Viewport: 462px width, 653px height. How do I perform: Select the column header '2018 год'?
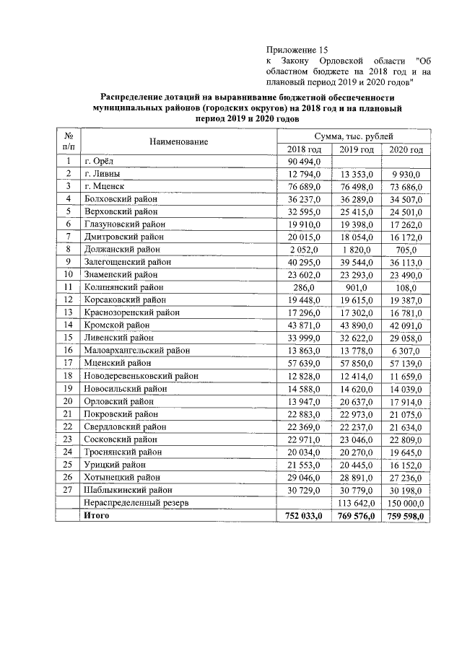pos(303,149)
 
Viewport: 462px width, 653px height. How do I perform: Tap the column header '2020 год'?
pos(406,149)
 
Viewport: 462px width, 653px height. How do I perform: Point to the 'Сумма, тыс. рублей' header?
pos(354,136)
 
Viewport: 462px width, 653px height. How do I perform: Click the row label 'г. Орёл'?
pos(99,162)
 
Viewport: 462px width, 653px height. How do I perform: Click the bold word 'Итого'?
pos(98,516)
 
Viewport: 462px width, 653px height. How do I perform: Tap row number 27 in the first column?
pos(69,490)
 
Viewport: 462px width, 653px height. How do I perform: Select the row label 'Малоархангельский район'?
pos(136,349)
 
